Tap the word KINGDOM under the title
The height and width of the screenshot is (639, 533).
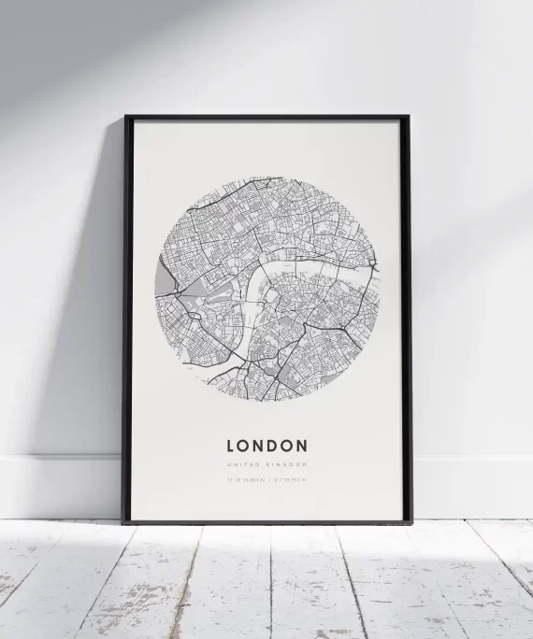pyautogui.click(x=287, y=464)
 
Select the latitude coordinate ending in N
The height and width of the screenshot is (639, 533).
pyautogui.click(x=246, y=481)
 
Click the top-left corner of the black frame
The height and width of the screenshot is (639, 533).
pyautogui.click(x=126, y=118)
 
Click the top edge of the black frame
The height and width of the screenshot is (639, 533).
pyautogui.click(x=266, y=118)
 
